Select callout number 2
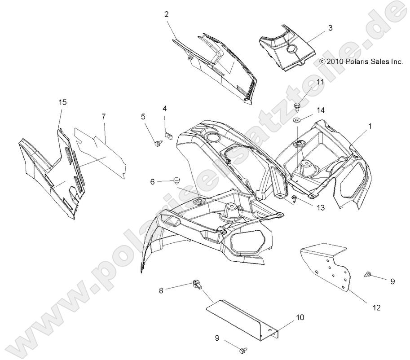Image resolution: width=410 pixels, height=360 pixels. pyautogui.click(x=166, y=14)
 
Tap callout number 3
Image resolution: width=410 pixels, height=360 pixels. pyautogui.click(x=330, y=28)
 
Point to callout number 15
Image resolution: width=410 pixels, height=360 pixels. pyautogui.click(x=62, y=102)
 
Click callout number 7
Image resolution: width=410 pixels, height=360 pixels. pyautogui.click(x=104, y=117)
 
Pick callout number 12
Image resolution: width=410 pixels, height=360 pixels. pyautogui.click(x=376, y=307)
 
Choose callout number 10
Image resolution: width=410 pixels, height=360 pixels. pyautogui.click(x=300, y=317)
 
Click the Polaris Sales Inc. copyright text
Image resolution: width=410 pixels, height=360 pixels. pyautogui.click(x=361, y=63)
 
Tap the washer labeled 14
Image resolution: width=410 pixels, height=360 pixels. pyautogui.click(x=297, y=120)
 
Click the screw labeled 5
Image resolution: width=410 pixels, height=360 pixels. pyautogui.click(x=158, y=144)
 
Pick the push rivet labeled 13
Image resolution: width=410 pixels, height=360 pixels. pyautogui.click(x=294, y=199)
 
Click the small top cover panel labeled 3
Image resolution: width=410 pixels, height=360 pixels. pyautogui.click(x=285, y=50)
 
